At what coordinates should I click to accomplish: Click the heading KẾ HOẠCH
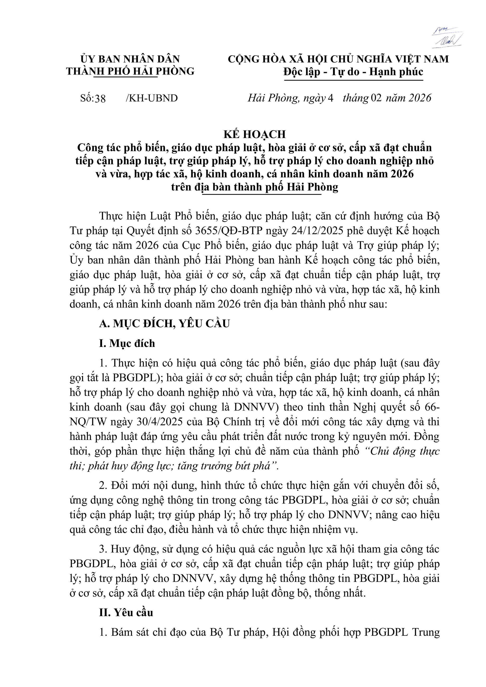click(255, 134)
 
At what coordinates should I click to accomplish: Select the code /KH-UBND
click(152, 98)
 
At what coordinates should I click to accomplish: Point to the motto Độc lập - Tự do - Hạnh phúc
click(353, 72)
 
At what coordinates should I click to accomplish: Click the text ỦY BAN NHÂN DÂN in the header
click(130, 59)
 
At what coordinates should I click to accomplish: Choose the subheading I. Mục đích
click(127, 343)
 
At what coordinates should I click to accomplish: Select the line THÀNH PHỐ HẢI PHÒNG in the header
click(130, 72)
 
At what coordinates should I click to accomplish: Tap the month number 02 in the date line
click(376, 98)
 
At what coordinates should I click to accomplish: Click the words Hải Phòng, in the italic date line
click(273, 98)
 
